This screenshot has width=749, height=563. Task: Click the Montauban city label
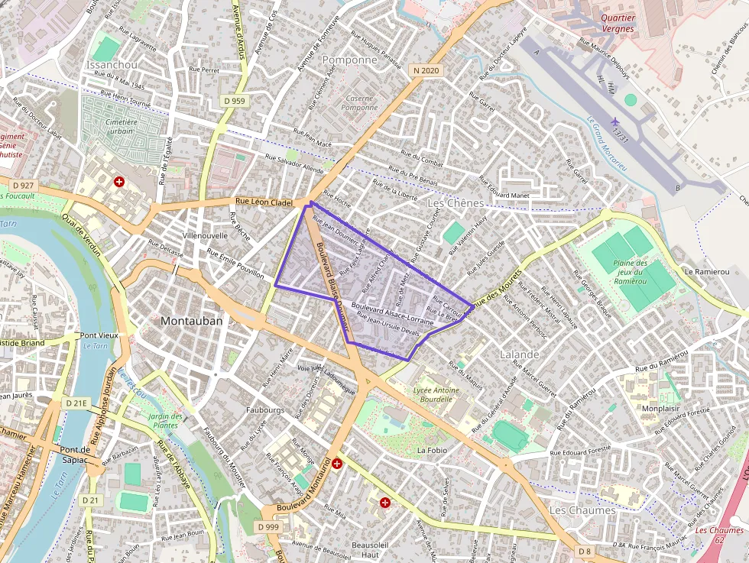(x=192, y=321)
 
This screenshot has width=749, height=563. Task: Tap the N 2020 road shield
(x=425, y=70)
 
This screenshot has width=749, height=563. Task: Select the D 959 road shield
(x=235, y=101)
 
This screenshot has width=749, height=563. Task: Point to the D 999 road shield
(x=268, y=527)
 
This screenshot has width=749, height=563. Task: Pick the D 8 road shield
(x=585, y=551)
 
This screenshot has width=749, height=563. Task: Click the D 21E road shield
(x=77, y=403)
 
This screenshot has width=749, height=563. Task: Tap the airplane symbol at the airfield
(x=615, y=121)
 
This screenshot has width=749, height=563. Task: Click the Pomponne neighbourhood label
(x=350, y=60)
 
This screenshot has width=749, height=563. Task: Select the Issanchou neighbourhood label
(x=113, y=65)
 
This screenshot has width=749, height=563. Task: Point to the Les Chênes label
(x=456, y=203)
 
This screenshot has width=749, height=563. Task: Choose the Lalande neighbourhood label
(x=520, y=355)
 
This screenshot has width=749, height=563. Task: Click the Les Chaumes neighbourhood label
(x=582, y=510)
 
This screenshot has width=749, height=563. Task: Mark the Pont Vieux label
(x=99, y=335)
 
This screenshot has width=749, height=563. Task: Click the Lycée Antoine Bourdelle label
(x=436, y=393)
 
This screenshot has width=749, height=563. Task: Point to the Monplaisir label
(x=660, y=409)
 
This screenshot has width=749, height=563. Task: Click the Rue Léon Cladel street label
(x=264, y=202)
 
